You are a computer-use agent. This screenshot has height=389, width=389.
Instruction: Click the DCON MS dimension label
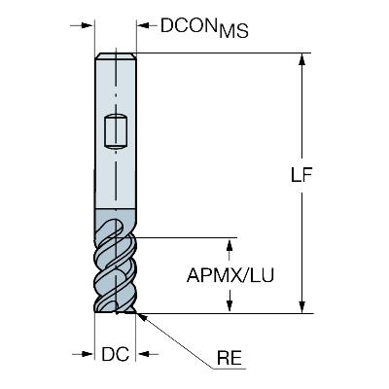204,27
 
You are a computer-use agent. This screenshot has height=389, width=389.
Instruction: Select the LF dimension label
301,175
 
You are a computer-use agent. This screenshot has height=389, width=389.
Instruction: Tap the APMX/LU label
230,276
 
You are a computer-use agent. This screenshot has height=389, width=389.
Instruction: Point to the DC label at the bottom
115,354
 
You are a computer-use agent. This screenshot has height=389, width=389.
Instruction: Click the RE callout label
230,359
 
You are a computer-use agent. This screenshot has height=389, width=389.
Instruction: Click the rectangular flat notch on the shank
116,132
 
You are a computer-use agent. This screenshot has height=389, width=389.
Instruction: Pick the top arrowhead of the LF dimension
301,60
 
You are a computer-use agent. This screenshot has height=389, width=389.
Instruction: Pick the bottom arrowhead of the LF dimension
301,306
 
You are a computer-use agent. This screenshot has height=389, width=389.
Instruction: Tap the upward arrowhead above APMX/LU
230,245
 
